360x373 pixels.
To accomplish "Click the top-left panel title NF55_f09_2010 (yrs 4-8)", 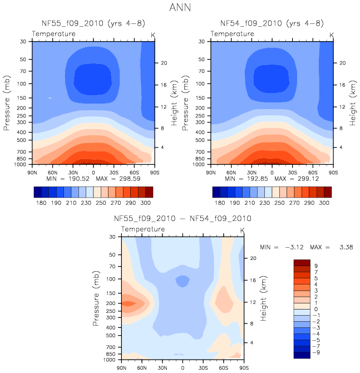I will [x=93, y=24].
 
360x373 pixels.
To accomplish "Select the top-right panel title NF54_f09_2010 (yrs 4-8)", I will [x=271, y=24].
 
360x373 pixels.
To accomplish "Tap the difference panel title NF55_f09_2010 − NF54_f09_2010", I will [x=183, y=219].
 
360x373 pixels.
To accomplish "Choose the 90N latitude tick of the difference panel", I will [x=121, y=368].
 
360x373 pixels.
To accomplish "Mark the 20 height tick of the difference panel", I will [x=252, y=258].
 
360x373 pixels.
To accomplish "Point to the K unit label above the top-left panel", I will [x=153, y=35].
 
